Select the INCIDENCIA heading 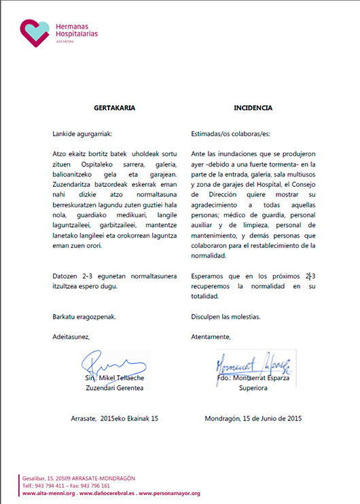253,107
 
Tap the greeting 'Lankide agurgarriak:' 84,134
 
